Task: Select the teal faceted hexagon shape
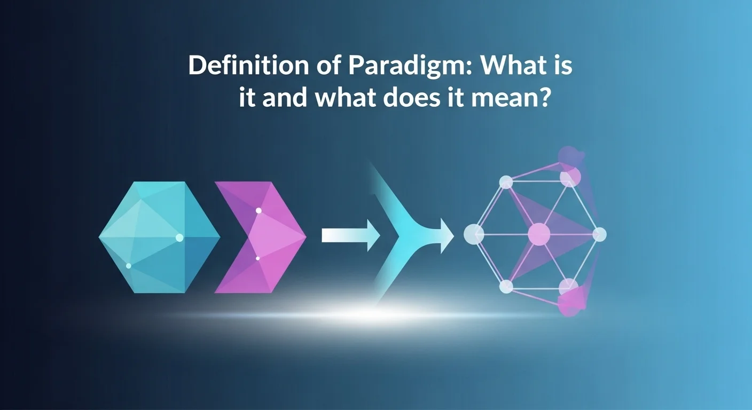coord(159,236)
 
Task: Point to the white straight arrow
coord(350,235)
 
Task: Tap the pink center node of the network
coord(539,234)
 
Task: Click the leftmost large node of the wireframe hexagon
coord(474,234)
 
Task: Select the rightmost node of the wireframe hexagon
coord(600,234)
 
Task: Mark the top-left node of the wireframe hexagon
coord(506,183)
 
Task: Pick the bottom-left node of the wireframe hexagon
coord(506,287)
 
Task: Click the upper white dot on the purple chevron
coord(258,210)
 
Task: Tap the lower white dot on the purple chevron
coord(257,258)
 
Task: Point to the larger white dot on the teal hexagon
coord(179,238)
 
